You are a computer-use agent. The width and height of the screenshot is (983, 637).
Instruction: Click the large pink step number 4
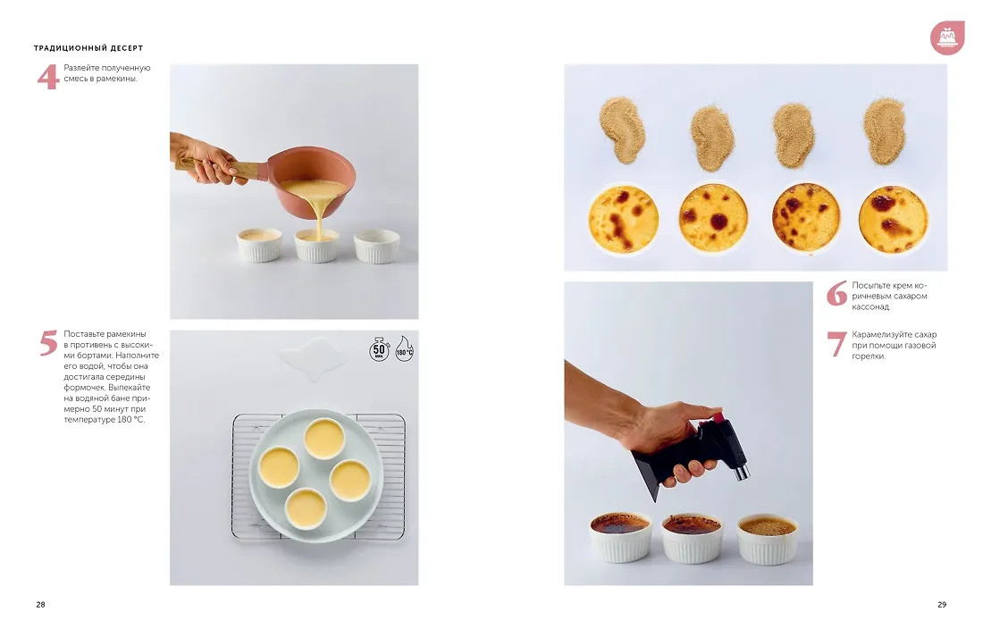[x=47, y=77]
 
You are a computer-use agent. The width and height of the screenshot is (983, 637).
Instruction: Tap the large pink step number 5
[x=48, y=343]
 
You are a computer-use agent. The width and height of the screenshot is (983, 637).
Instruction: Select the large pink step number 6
[x=836, y=293]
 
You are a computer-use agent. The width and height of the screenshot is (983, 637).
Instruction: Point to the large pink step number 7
[x=837, y=344]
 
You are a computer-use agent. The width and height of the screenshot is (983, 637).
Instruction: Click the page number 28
[x=41, y=605]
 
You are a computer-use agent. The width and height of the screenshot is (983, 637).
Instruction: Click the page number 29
[x=942, y=605]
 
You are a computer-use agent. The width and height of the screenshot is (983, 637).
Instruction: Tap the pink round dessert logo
[x=946, y=38]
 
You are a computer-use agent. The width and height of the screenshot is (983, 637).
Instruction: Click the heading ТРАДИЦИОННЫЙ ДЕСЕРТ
[x=88, y=47]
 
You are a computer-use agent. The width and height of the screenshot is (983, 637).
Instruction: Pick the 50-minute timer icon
[x=379, y=349]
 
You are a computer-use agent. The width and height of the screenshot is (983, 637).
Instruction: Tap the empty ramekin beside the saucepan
[x=377, y=245]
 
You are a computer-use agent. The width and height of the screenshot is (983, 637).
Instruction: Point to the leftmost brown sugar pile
[x=622, y=130]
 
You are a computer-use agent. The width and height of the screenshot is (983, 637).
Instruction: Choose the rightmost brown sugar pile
[x=885, y=130]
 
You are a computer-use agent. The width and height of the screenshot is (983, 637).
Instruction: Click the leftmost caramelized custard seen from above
[x=623, y=219]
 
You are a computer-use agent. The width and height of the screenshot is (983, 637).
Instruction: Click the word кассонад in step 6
[x=870, y=306]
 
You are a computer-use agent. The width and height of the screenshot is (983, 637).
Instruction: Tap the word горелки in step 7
[x=869, y=356]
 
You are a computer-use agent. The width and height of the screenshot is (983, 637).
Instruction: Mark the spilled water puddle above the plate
[x=312, y=358]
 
